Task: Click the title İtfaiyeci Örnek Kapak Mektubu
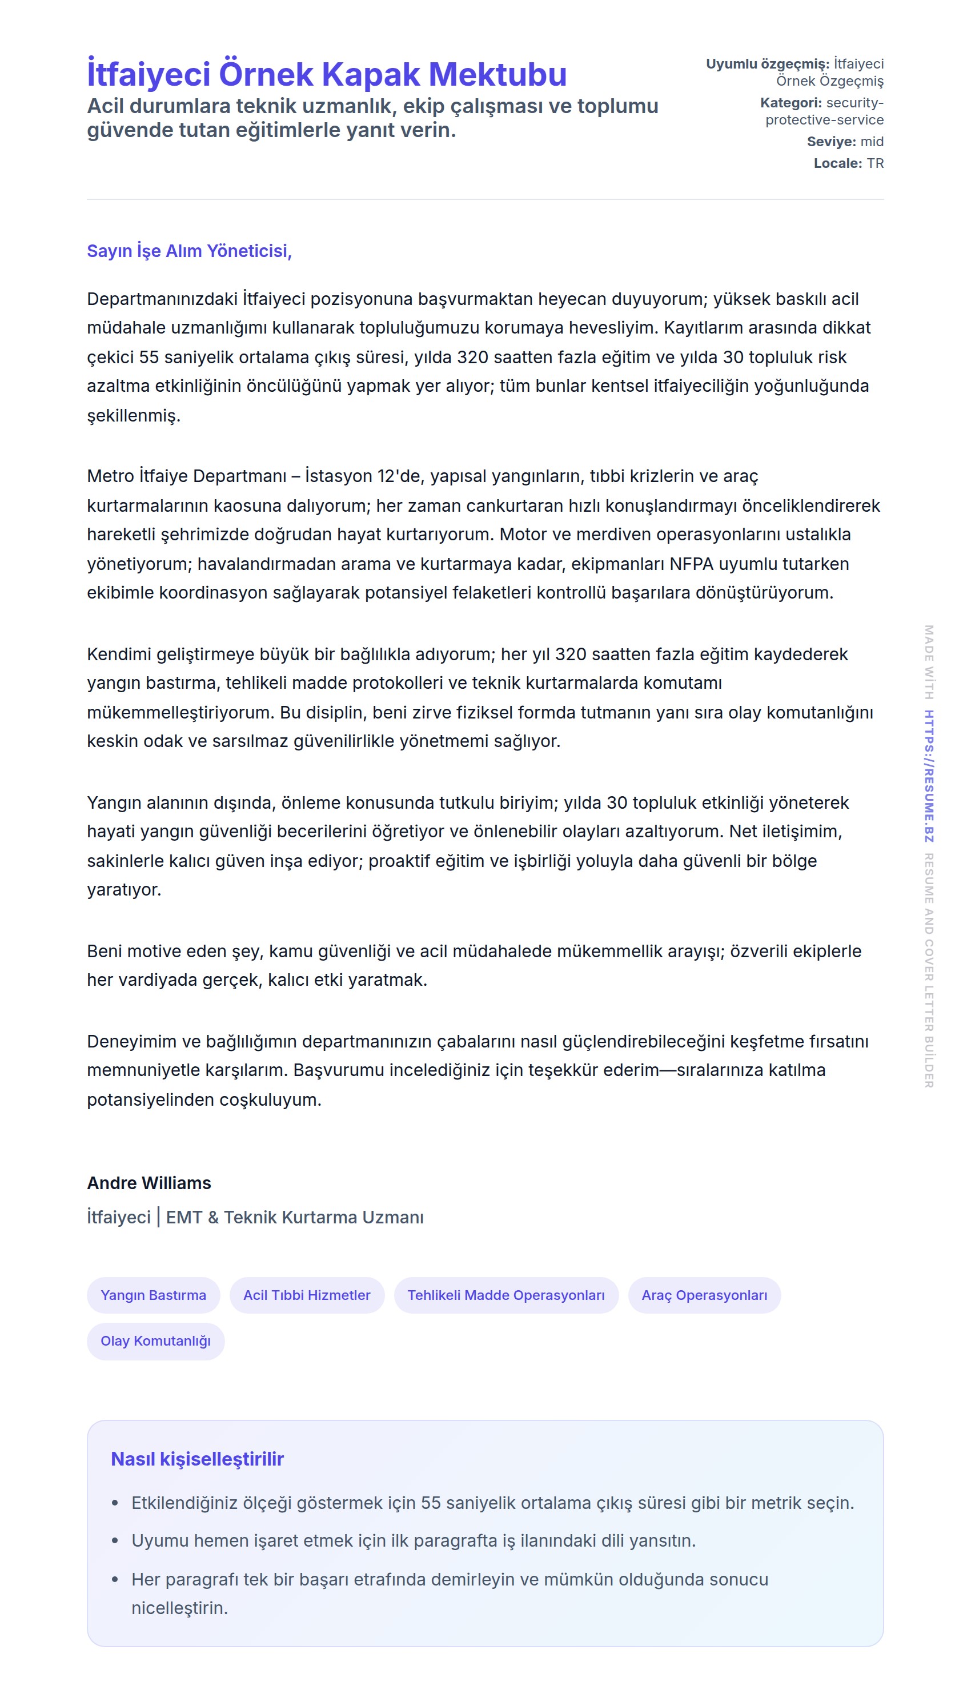pyautogui.click(x=327, y=74)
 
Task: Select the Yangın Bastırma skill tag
pyautogui.click(x=154, y=1295)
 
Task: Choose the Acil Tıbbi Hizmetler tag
pyautogui.click(x=307, y=1295)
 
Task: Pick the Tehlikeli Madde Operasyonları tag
pyautogui.click(x=505, y=1295)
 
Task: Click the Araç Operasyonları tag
pyautogui.click(x=704, y=1295)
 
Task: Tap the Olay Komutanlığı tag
pyautogui.click(x=155, y=1340)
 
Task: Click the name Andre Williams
pyautogui.click(x=149, y=1183)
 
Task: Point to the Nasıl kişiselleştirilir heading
pyautogui.click(x=198, y=1459)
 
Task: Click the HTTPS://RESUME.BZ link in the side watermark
pyautogui.click(x=928, y=776)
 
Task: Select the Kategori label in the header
pyautogui.click(x=791, y=103)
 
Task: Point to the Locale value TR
pyautogui.click(x=875, y=163)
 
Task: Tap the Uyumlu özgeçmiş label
pyautogui.click(x=767, y=64)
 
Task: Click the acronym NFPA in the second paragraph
pyautogui.click(x=692, y=564)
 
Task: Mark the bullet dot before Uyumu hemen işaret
pyautogui.click(x=115, y=1541)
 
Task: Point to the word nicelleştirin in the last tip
pyautogui.click(x=179, y=1607)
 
